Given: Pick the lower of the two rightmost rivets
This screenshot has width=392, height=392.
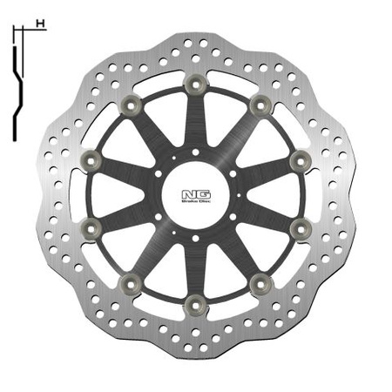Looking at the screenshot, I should [x=299, y=228].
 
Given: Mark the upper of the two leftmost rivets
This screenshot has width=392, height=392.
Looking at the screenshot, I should [x=90, y=159].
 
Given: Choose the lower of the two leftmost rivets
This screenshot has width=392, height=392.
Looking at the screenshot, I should [x=90, y=228].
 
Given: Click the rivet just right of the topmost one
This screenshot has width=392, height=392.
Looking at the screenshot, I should [x=259, y=104].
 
